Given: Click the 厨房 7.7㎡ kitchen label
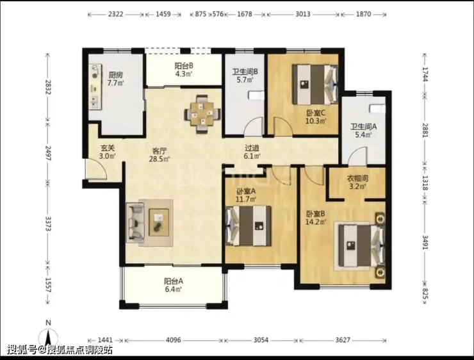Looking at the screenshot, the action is [x=116, y=79].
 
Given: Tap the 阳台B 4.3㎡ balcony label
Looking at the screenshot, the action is [x=184, y=70].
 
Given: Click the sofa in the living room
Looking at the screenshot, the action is [x=135, y=223].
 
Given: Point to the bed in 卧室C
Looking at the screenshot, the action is [x=315, y=85].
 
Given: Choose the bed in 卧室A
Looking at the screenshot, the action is [x=248, y=225].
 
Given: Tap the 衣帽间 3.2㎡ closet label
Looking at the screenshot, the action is [x=357, y=183].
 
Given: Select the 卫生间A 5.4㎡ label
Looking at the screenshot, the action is [x=363, y=130].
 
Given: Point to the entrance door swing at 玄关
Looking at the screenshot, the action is [x=96, y=168].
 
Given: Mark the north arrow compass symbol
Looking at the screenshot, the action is [x=49, y=336].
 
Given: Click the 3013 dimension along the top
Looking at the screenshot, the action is [x=303, y=14].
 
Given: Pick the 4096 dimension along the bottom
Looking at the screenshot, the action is [x=173, y=340].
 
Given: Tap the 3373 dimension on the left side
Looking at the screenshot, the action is [x=47, y=224].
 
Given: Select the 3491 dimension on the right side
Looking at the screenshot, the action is [x=425, y=242].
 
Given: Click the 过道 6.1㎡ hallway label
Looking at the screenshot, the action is [x=252, y=152].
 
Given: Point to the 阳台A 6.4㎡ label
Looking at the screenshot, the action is [x=174, y=285].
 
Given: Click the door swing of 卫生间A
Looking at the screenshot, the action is [x=357, y=156].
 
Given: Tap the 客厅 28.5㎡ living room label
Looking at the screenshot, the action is [x=159, y=154].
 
